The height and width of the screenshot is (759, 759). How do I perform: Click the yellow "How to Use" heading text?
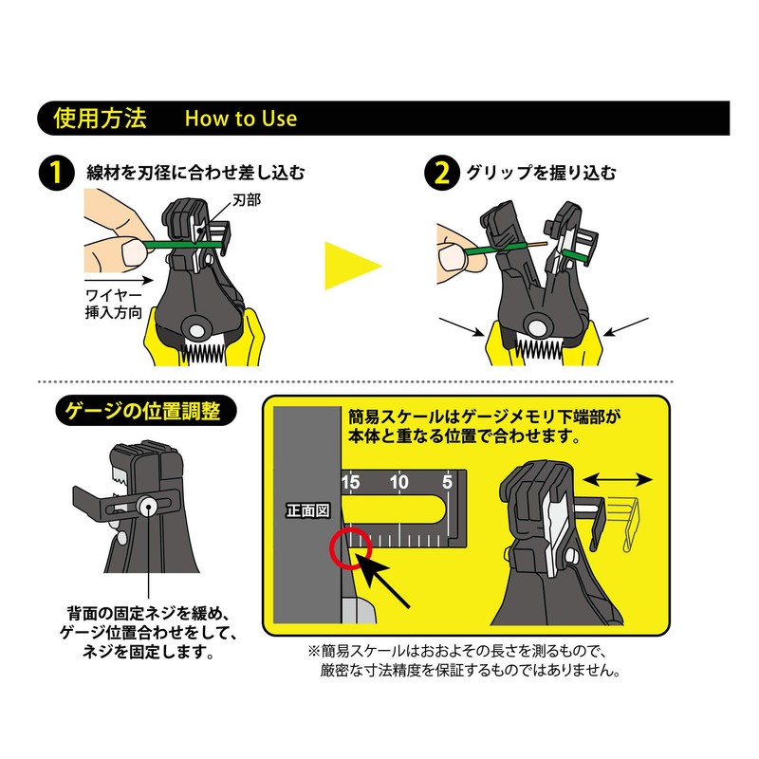(241, 119)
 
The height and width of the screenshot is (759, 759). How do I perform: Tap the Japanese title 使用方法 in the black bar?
(101, 118)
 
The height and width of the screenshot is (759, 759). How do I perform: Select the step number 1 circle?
(57, 173)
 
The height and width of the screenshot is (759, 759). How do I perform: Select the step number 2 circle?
(442, 173)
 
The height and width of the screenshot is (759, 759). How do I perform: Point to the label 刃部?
(247, 200)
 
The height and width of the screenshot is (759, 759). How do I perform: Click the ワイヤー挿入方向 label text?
(114, 305)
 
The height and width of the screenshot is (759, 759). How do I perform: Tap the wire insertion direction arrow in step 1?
(119, 280)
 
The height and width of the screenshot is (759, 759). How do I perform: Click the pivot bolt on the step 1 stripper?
(197, 330)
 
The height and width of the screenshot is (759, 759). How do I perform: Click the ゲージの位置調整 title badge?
(146, 412)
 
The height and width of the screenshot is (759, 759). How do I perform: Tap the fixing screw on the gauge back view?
(148, 507)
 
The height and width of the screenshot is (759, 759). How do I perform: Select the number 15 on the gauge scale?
(350, 482)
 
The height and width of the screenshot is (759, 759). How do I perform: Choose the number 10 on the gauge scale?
(398, 482)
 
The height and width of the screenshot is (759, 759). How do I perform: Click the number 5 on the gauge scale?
(447, 482)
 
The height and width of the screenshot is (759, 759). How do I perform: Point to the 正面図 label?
(307, 510)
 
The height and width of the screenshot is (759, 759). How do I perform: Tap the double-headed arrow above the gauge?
(618, 480)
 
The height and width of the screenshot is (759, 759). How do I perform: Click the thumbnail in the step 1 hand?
(134, 253)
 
